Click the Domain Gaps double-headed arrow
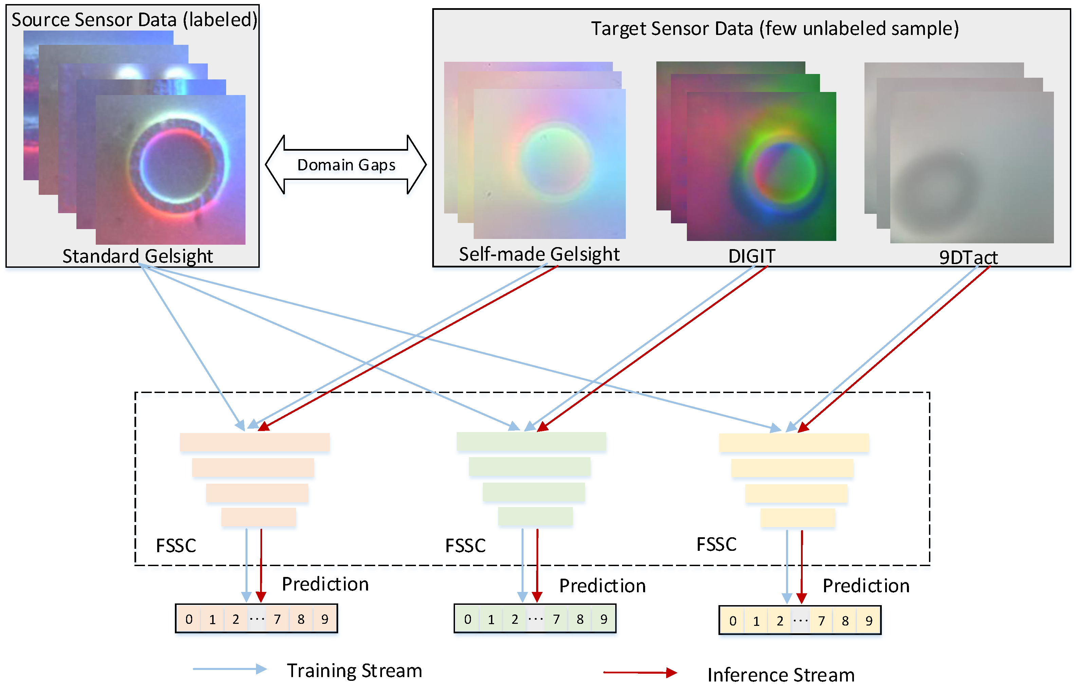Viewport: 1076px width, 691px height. tap(346, 165)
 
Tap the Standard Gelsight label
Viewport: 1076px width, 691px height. tap(138, 256)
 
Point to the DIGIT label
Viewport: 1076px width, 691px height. tap(751, 256)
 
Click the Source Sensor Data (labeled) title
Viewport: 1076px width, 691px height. tap(134, 20)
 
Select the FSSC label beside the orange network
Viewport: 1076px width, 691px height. tap(176, 546)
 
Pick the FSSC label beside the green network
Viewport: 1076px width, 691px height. tap(465, 546)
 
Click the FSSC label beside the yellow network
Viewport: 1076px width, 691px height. tap(716, 545)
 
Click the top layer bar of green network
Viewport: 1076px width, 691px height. tap(531, 442)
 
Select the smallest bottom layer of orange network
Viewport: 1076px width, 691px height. tap(259, 517)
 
